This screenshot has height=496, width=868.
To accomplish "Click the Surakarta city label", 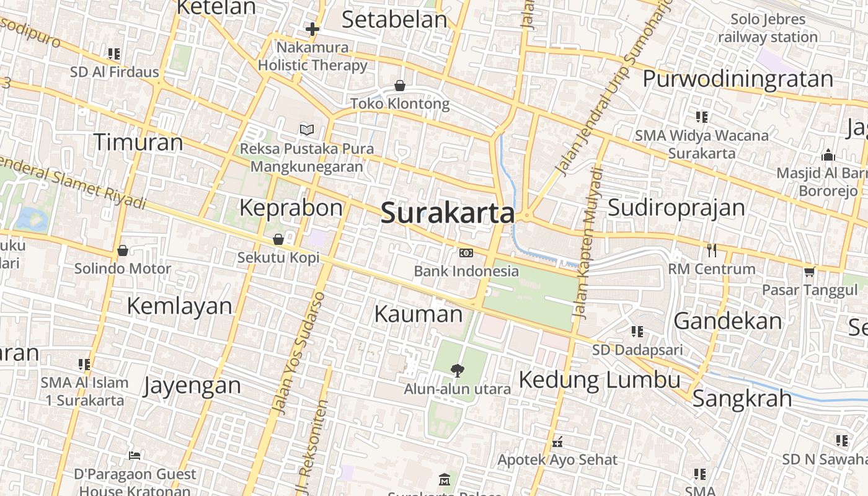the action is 448,213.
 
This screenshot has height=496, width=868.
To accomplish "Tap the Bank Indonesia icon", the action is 466,252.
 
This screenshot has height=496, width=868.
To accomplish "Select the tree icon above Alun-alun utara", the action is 458,370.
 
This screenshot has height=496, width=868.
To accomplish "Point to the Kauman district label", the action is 418,314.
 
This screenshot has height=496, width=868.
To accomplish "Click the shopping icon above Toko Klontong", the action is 400,86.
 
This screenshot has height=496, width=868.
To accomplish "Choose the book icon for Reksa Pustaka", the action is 307,130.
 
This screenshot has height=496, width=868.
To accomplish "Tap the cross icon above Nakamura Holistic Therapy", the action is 312,29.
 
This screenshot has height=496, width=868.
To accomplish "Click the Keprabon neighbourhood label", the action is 291,208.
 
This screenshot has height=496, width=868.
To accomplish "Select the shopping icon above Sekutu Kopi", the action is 278,239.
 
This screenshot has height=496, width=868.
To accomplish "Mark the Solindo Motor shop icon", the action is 123,250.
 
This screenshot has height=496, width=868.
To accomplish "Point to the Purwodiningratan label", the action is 737,79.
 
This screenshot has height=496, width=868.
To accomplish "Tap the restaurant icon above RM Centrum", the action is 712,250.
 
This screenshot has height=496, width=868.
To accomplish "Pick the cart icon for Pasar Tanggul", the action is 809,271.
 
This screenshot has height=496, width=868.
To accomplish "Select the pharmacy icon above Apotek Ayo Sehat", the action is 557,442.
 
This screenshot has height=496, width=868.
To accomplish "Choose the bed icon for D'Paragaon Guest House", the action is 135,456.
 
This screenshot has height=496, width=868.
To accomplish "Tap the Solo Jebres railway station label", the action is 768,29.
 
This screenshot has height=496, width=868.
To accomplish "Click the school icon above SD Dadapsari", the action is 637,332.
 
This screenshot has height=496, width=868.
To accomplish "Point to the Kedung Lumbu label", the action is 599,379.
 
